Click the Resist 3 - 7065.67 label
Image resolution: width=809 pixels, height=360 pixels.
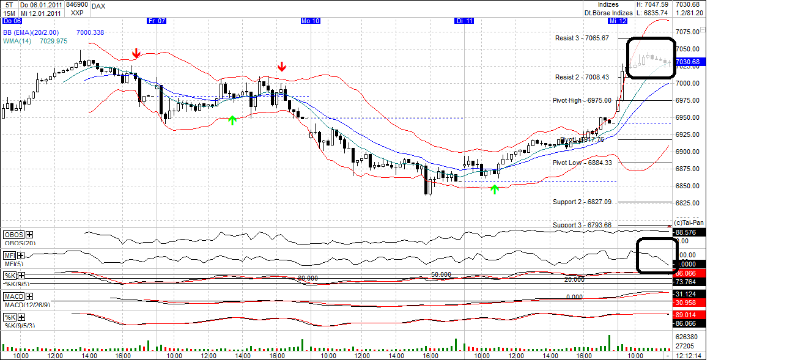click(x=582, y=38)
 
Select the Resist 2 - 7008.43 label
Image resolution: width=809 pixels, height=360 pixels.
click(x=582, y=77)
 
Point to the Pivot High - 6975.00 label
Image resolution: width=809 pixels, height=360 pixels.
click(x=582, y=100)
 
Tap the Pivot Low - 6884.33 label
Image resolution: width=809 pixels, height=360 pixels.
click(x=582, y=163)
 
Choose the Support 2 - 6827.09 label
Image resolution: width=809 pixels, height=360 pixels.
click(x=582, y=201)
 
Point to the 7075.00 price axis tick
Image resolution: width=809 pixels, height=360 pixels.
click(x=687, y=32)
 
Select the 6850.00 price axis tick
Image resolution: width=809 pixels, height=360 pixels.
click(x=687, y=186)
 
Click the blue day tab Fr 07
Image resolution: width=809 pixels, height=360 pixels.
click(x=157, y=21)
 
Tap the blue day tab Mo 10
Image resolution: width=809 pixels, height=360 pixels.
click(x=310, y=21)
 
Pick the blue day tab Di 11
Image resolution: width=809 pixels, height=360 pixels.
click(x=464, y=21)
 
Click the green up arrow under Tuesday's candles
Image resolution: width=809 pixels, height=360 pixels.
click(x=495, y=189)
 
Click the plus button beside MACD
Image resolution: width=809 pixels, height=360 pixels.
click(x=28, y=296)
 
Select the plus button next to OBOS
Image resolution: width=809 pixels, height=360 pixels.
click(x=29, y=235)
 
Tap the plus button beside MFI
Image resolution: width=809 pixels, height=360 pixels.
click(x=21, y=255)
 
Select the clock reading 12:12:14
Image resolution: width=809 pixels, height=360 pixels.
click(x=689, y=355)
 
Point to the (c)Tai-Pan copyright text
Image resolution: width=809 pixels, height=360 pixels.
click(x=689, y=222)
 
